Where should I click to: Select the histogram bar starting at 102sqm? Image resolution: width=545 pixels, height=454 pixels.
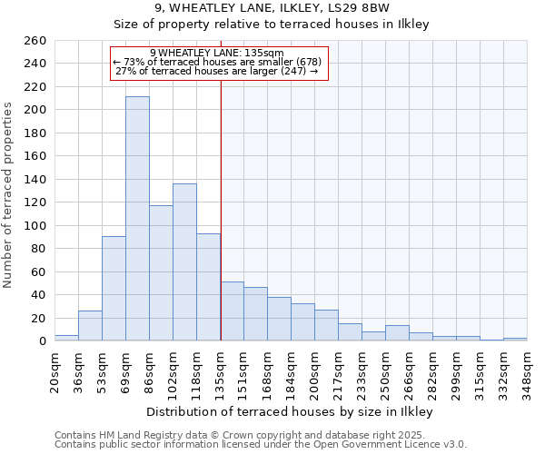click(184, 262)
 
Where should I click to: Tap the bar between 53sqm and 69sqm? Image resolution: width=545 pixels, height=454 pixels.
click(114, 289)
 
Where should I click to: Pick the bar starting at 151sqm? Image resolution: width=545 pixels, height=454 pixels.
click(255, 314)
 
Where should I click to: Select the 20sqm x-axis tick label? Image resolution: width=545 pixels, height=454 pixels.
click(55, 370)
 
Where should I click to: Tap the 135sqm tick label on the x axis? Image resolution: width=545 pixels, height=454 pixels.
click(221, 370)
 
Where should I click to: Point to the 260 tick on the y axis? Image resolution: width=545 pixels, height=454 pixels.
click(35, 41)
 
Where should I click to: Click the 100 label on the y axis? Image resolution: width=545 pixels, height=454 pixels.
click(35, 226)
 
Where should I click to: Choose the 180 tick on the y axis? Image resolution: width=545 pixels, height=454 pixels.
click(35, 133)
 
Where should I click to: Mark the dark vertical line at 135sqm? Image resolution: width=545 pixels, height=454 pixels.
click(221, 227)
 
